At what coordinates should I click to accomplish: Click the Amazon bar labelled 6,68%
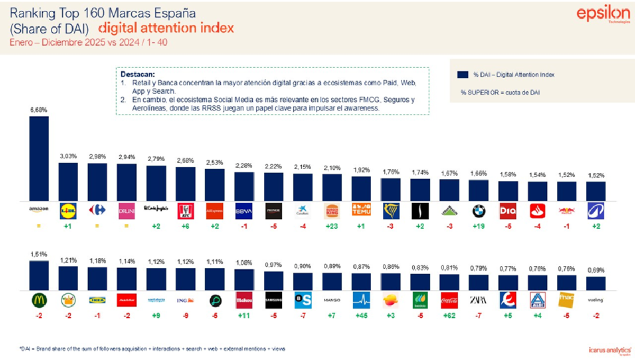pyautogui.click(x=39, y=158)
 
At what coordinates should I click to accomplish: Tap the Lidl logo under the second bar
pyautogui.click(x=68, y=211)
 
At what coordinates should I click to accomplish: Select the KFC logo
pyautogui.click(x=185, y=211)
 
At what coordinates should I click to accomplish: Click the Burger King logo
pyautogui.click(x=332, y=211)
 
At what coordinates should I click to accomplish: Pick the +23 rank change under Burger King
pyautogui.click(x=332, y=227)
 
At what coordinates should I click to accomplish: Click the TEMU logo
pyautogui.click(x=361, y=211)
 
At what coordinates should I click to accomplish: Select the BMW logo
pyautogui.click(x=478, y=211)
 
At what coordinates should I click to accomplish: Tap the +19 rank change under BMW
pyautogui.click(x=478, y=227)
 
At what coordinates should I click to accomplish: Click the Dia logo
pyautogui.click(x=507, y=211)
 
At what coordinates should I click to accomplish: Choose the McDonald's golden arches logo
pyautogui.click(x=39, y=300)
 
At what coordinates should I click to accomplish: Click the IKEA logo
pyautogui.click(x=97, y=300)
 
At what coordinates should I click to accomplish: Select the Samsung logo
pyautogui.click(x=273, y=300)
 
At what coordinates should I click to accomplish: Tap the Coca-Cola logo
pyautogui.click(x=449, y=300)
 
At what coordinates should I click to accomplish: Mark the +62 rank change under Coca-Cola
pyautogui.click(x=449, y=316)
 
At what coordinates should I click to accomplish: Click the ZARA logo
pyautogui.click(x=478, y=300)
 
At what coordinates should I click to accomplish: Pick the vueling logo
pyautogui.click(x=595, y=300)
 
